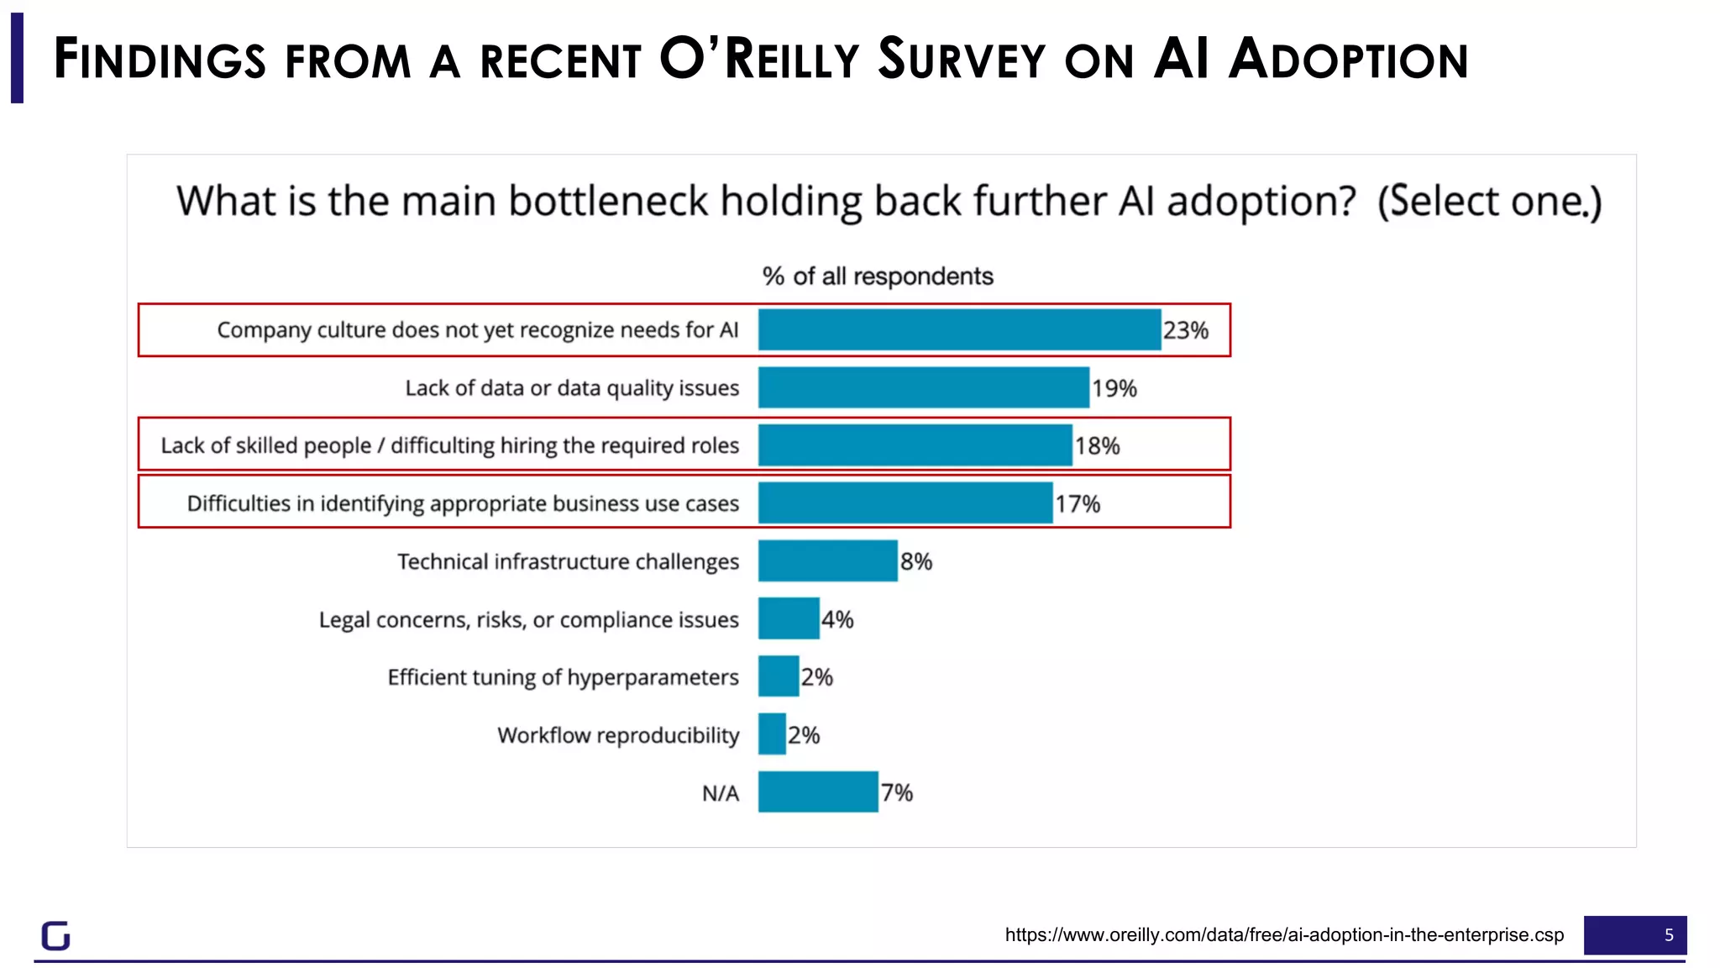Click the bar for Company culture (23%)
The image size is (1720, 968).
[959, 329]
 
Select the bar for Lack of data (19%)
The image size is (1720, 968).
[923, 387]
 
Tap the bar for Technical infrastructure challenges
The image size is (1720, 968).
[827, 560]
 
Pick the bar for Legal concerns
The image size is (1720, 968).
[788, 618]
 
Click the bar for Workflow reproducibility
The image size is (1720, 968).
[772, 734]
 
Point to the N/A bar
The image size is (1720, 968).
[817, 792]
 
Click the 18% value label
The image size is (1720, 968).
[1097, 445]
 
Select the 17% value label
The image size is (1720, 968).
[1078, 503]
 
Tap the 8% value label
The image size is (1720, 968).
[916, 561]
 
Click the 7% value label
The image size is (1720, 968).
[896, 792]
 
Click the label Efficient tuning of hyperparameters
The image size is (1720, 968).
[563, 677]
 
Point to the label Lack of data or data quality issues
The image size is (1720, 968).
[572, 388]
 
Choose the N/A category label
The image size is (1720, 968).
[720, 793]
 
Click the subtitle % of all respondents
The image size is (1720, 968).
[877, 276]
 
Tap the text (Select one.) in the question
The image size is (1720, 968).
[1489, 202]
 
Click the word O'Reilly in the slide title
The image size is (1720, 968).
[759, 60]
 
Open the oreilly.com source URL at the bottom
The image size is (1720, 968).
[1284, 934]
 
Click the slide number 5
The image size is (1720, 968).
[1668, 935]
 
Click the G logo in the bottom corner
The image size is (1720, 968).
[55, 935]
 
